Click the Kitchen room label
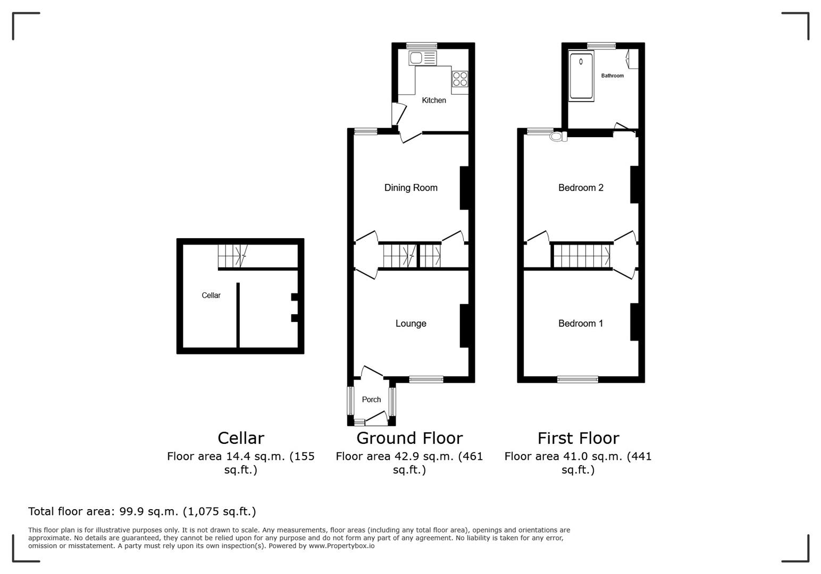433,100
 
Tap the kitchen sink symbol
423,58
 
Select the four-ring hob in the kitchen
460,79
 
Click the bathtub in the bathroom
581,76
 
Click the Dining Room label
410,188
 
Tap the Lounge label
410,324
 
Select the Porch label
371,400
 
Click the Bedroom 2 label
580,188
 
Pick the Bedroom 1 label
580,324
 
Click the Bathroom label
612,76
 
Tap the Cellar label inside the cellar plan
211,296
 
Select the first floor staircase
581,256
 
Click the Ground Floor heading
409,438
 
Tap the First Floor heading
578,438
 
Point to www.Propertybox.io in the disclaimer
341,546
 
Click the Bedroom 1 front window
577,379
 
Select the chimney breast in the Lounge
464,326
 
